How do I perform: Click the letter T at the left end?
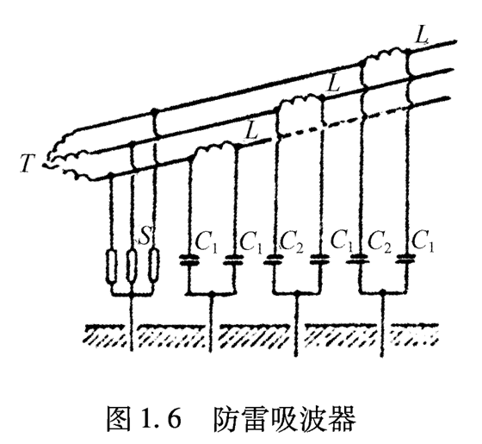coord(30,161)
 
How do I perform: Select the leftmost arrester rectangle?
coord(112,266)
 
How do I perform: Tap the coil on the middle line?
coord(298,103)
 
